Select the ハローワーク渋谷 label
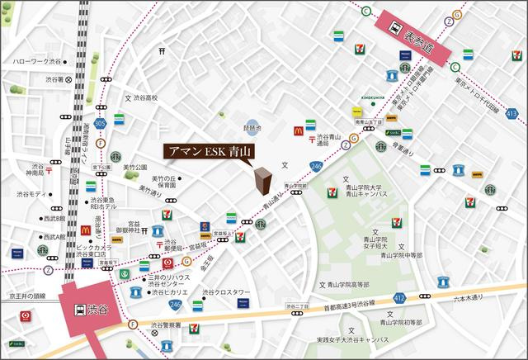click(33, 62)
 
